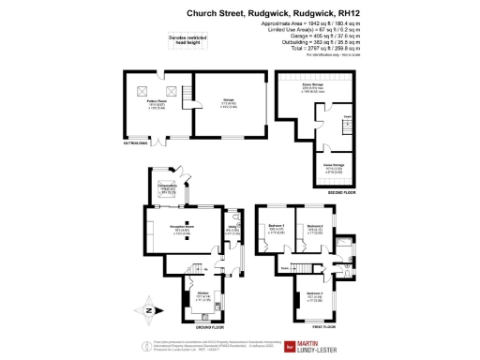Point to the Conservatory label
coord(167,190)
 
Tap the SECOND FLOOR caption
coord(341,192)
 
